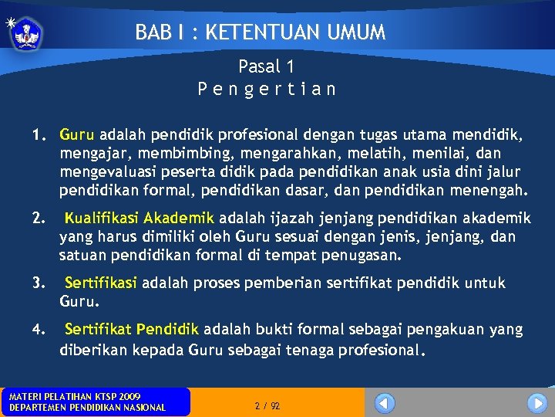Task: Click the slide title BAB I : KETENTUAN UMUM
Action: point(260,32)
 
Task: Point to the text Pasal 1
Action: point(266,67)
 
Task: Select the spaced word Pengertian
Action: point(266,89)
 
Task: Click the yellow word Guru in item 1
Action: point(77,136)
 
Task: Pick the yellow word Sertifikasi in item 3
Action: point(101,283)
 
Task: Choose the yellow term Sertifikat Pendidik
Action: point(132,330)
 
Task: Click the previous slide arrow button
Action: point(385,402)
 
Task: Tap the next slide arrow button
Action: point(536,402)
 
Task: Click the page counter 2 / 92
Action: point(267,405)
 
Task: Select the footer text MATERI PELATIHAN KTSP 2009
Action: point(75,396)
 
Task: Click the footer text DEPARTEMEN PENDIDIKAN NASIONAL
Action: point(87,408)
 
